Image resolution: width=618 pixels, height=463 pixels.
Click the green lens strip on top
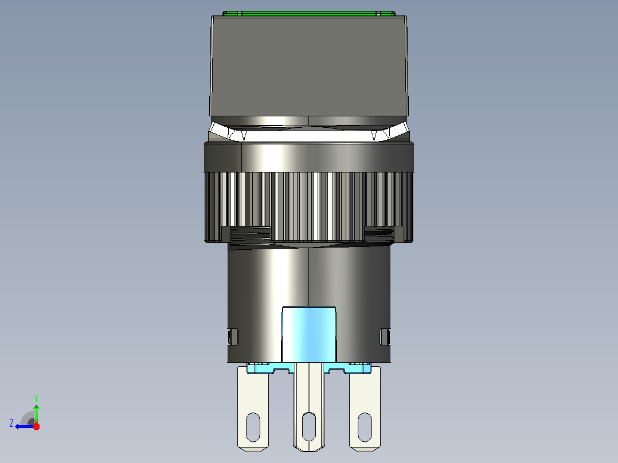[x=308, y=13]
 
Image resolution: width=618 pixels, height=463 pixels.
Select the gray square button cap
[x=308, y=66]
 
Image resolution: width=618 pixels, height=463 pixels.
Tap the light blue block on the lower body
[x=308, y=334]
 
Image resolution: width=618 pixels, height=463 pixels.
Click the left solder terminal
[x=253, y=409]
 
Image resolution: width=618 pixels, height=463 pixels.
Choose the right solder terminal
[x=365, y=409]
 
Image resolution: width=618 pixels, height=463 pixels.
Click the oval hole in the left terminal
[x=253, y=427]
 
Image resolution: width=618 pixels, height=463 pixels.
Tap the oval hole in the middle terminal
[x=309, y=427]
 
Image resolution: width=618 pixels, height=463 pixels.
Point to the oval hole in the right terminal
[x=365, y=427]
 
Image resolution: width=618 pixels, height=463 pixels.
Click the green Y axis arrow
[x=36, y=413]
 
